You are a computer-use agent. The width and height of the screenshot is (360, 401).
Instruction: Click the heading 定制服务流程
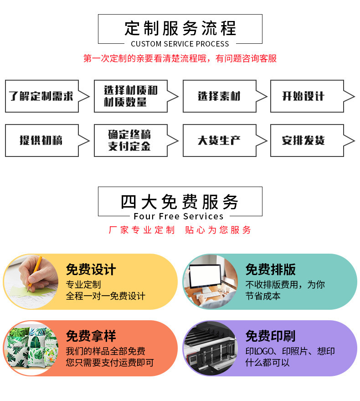pyautogui.click(x=180, y=28)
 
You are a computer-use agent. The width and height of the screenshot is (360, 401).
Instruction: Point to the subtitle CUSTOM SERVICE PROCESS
pyautogui.click(x=180, y=44)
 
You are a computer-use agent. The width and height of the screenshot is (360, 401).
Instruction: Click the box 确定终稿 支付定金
pyautogui.click(x=130, y=141)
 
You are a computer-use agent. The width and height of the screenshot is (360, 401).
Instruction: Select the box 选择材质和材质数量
pyautogui.click(x=130, y=96)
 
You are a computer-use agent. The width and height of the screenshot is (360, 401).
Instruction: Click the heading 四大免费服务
pyautogui.click(x=180, y=201)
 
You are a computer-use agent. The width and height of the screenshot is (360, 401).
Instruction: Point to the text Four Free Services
pyautogui.click(x=179, y=216)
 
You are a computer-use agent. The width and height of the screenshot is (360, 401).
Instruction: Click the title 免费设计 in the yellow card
pyautogui.click(x=91, y=270)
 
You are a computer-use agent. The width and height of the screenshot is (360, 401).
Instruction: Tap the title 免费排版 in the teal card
pyautogui.click(x=270, y=270)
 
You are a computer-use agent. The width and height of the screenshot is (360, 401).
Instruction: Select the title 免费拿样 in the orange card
pyautogui.click(x=91, y=337)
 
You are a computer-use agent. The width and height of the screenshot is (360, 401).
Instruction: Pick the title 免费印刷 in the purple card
pyautogui.click(x=270, y=337)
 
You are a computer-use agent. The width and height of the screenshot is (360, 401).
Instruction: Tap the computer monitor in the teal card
pyautogui.click(x=205, y=276)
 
